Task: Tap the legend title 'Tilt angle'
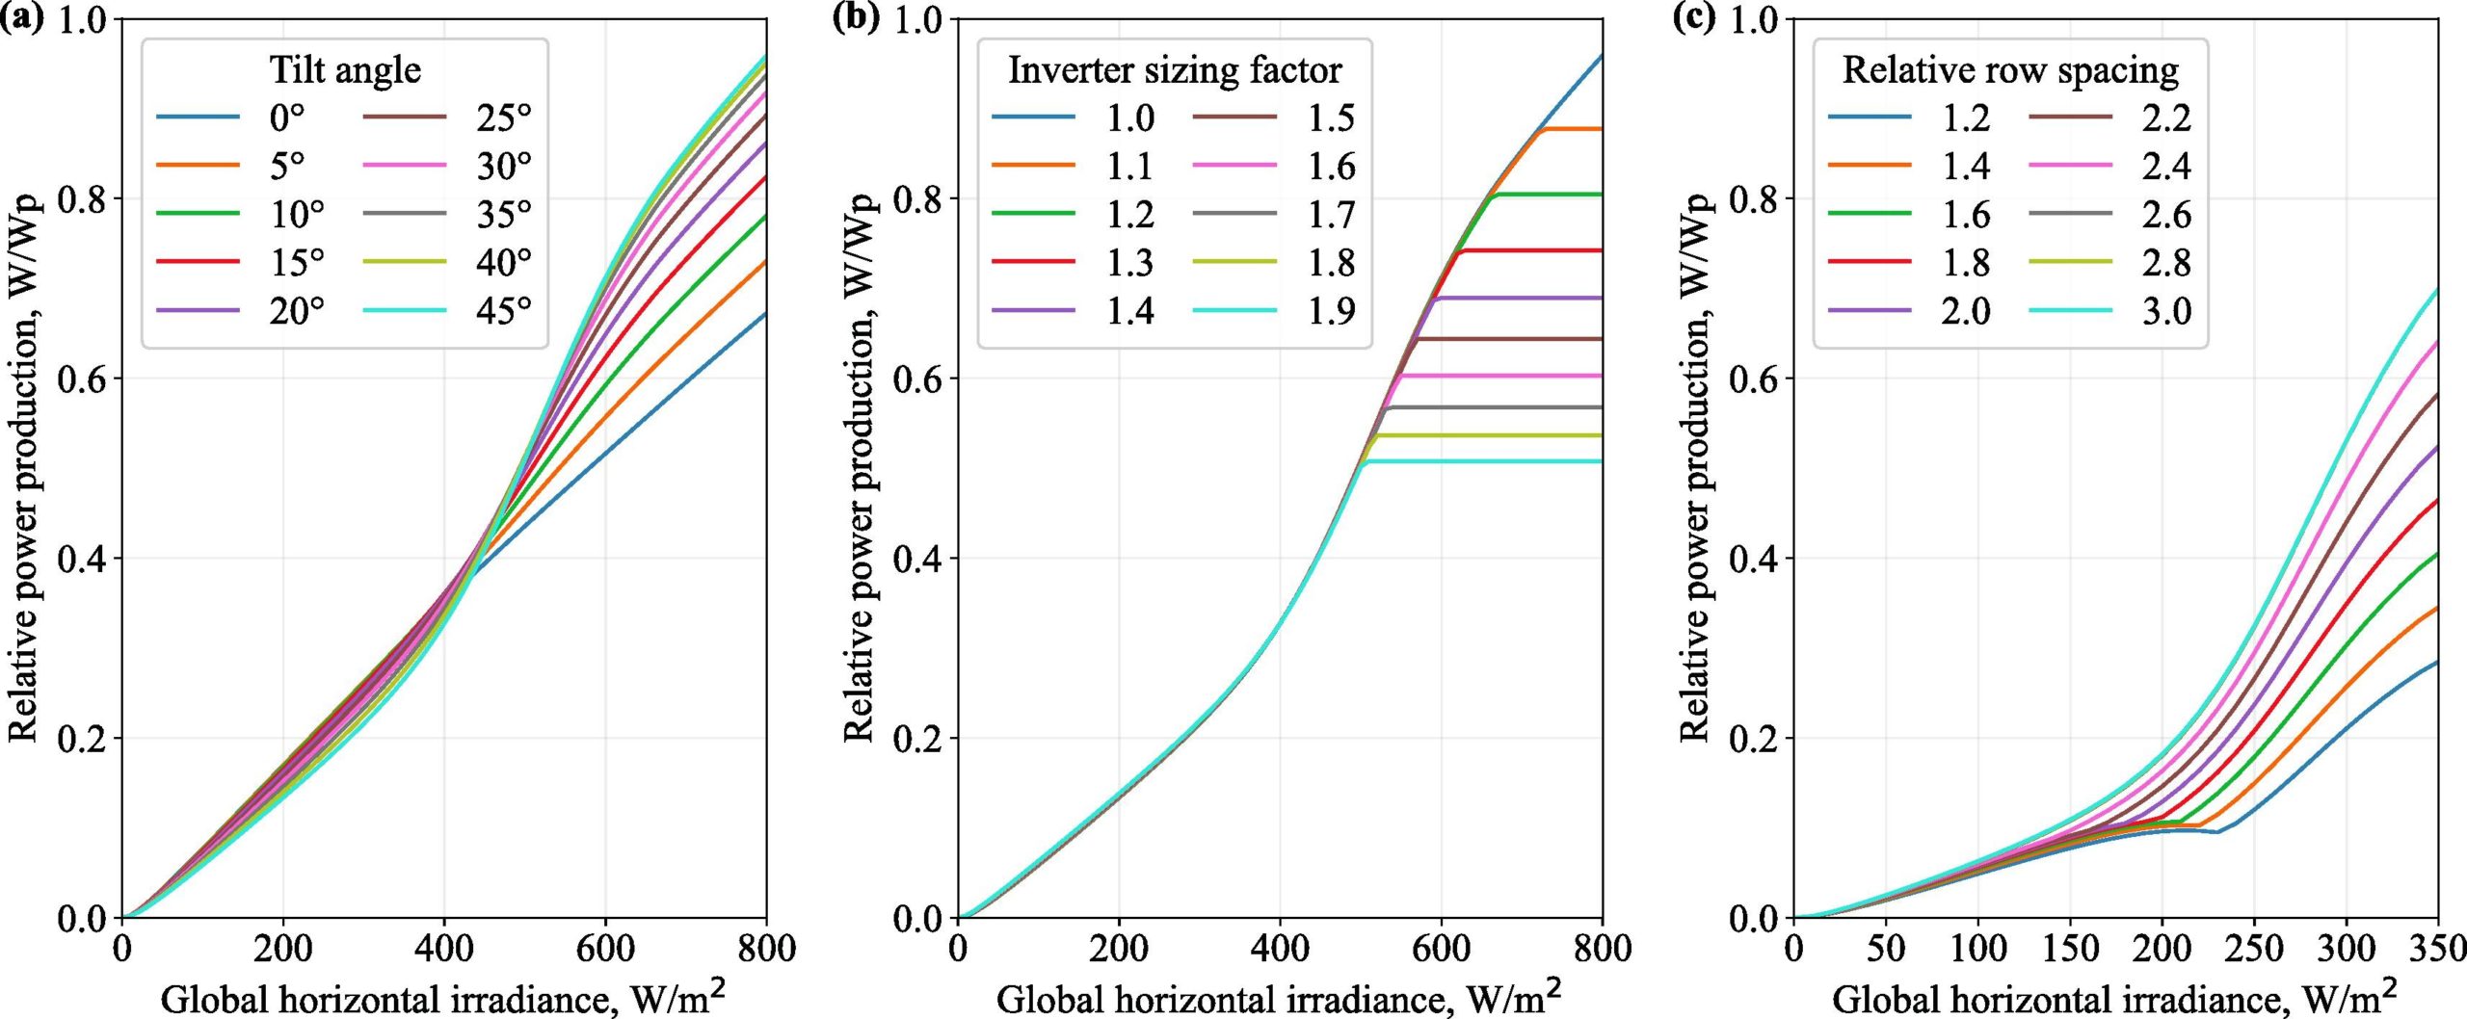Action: pos(344,70)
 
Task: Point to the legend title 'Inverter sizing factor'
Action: pos(1174,70)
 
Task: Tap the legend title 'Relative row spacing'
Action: pos(2010,70)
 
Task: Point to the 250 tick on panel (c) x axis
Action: pos(2254,949)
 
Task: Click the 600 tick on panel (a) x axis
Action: pos(605,949)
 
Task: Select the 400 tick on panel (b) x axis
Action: pos(1280,949)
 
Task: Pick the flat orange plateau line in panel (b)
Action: pos(1576,129)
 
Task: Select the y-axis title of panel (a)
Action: pos(23,468)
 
